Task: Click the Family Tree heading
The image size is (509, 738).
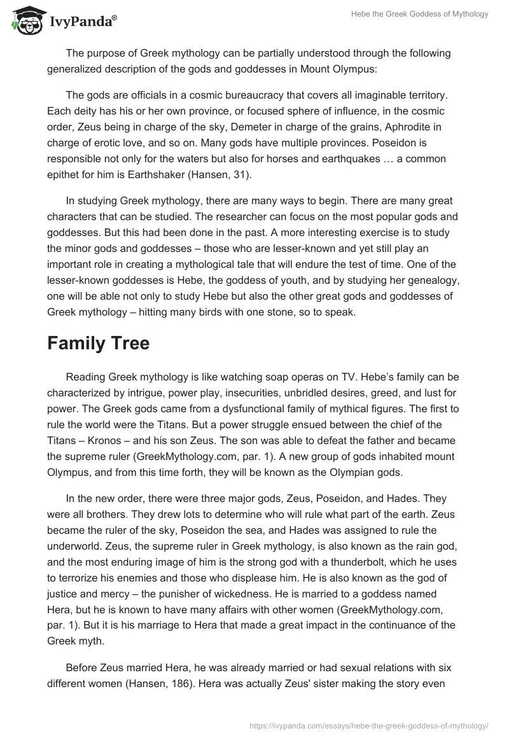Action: (x=98, y=343)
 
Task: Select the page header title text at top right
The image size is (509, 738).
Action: (x=421, y=14)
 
